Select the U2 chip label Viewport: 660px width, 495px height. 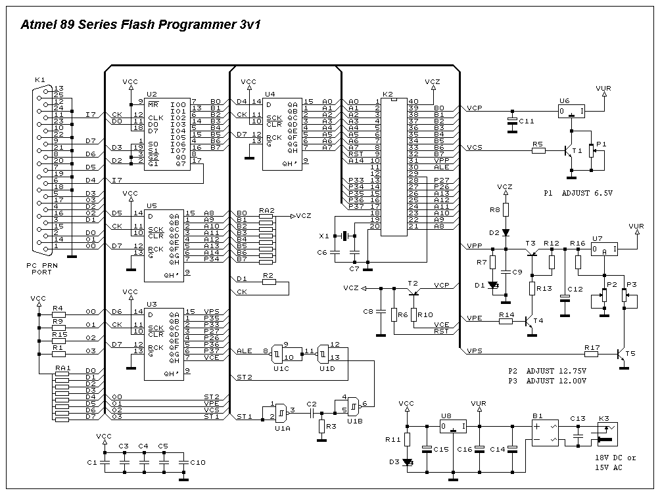coord(152,94)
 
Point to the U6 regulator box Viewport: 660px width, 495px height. coord(571,112)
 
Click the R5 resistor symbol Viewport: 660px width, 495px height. coord(538,150)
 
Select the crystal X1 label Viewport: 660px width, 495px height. coord(323,235)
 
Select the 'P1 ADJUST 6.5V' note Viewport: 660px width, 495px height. coord(578,194)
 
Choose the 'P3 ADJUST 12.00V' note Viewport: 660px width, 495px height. coord(547,381)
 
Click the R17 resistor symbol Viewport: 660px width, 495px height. coord(591,354)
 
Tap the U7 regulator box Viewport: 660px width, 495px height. coord(604,249)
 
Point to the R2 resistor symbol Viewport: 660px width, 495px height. coord(268,282)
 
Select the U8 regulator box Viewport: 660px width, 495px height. coord(454,427)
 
